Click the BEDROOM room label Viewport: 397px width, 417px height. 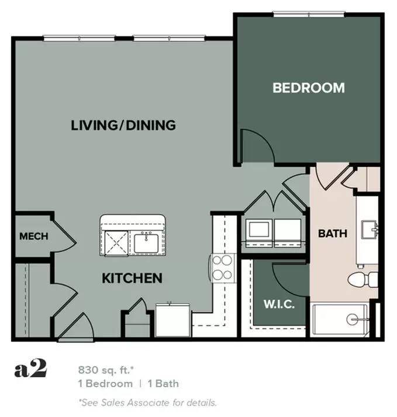click(309, 88)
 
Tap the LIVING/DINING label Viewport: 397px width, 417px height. click(123, 125)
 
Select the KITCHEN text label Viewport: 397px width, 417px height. click(132, 278)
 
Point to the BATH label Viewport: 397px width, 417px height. click(332, 233)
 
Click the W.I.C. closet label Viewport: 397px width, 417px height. click(278, 305)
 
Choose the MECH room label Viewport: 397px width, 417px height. click(33, 237)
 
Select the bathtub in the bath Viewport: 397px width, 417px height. click(340, 320)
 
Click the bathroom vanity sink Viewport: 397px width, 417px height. click(368, 230)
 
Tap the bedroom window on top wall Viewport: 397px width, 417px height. click(308, 15)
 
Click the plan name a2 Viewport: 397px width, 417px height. click(30, 370)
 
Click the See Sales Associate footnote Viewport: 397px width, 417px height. click(147, 402)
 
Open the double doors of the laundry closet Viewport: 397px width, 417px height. click(272, 205)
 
